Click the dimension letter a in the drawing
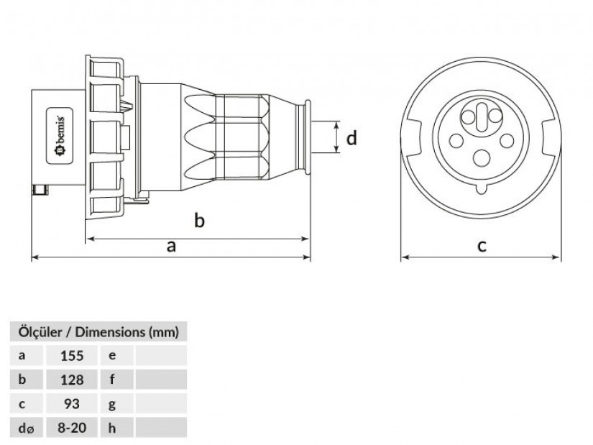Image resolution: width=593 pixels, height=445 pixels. coord(171,247)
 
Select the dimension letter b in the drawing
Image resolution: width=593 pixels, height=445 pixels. coord(200,220)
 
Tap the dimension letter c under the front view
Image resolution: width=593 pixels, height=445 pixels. coord(482,246)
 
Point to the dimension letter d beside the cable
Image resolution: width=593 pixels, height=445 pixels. coord(351,137)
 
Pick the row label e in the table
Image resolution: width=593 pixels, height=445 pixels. coord(112,355)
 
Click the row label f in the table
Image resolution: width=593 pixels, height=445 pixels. coord(112,380)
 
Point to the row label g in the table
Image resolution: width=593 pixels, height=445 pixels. coord(112,404)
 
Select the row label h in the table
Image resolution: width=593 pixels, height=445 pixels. coord(112,428)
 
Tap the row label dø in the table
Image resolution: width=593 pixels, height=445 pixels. coord(26,428)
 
